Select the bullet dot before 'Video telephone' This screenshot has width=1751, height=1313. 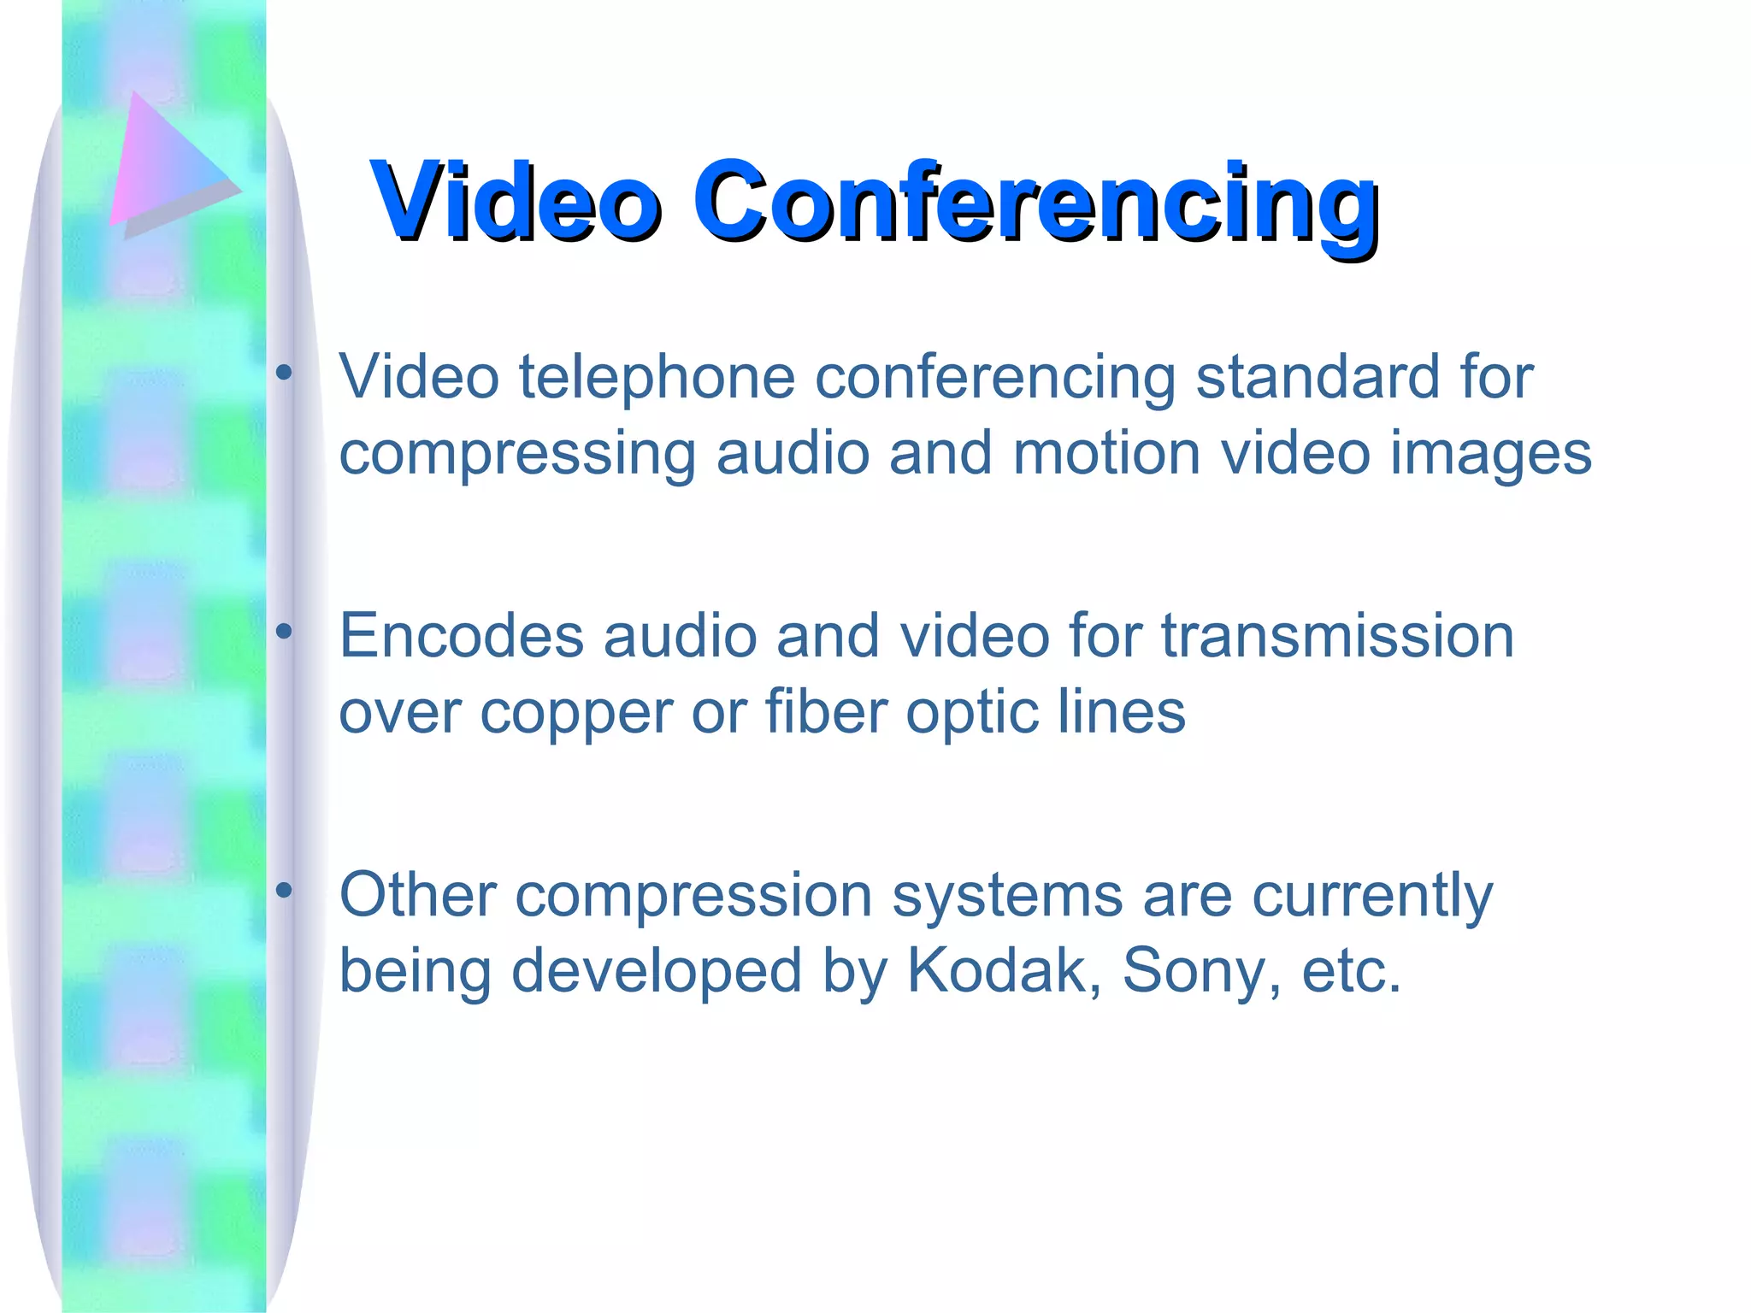click(x=284, y=373)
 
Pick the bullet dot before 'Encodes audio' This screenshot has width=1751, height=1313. click(x=284, y=632)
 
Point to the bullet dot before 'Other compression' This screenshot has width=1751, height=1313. click(x=284, y=891)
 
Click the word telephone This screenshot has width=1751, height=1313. click(x=657, y=377)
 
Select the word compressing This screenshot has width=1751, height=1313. click(x=517, y=454)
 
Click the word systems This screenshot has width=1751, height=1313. click(x=1008, y=897)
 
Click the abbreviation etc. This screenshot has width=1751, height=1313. click(x=1351, y=971)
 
